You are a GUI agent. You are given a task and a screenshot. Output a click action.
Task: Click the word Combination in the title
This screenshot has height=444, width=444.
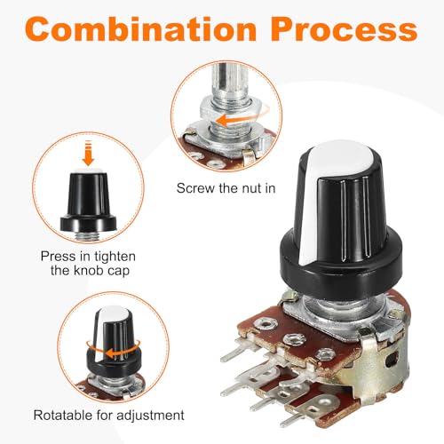point(140,29)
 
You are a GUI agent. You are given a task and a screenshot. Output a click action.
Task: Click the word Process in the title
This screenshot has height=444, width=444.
point(344,29)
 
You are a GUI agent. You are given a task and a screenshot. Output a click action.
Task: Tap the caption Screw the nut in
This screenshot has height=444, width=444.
point(226,188)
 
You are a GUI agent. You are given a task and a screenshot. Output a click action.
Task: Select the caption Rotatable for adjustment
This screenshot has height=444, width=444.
point(108,415)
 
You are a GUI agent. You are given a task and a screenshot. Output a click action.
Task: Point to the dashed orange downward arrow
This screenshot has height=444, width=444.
point(88,154)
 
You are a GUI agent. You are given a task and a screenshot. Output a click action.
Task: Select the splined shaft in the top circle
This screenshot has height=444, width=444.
point(227,82)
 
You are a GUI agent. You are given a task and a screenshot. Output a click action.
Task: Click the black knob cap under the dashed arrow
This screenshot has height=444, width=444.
point(88,201)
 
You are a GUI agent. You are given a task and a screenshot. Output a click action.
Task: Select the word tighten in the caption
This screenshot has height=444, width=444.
point(115,257)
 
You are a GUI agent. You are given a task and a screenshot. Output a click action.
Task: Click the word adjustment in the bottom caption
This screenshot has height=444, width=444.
point(150,415)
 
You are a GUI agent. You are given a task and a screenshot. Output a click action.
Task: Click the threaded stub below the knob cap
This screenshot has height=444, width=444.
point(89,235)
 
